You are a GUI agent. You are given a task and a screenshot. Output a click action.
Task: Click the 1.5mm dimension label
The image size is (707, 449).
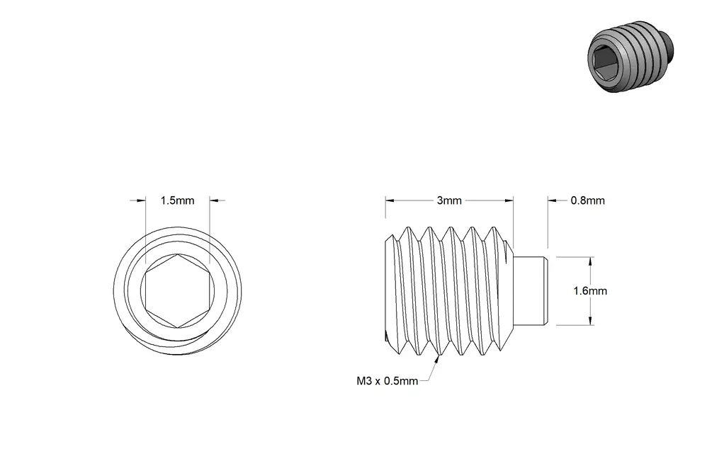[177, 200]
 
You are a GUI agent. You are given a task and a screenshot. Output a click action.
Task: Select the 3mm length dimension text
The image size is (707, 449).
[449, 200]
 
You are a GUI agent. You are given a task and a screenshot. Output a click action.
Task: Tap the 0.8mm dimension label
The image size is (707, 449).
[587, 200]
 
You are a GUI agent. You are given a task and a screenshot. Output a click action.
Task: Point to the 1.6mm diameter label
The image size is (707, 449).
[590, 291]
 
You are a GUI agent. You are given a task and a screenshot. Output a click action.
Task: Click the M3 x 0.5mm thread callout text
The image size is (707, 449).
[388, 381]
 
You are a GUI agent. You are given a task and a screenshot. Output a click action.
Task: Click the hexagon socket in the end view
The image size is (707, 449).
[178, 291]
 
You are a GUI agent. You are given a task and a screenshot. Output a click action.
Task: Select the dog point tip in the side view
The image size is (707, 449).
[531, 291]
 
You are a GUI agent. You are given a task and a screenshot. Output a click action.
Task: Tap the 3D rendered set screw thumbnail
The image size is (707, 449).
[630, 57]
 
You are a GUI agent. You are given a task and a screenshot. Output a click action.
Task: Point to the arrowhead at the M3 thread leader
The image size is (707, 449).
[437, 359]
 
